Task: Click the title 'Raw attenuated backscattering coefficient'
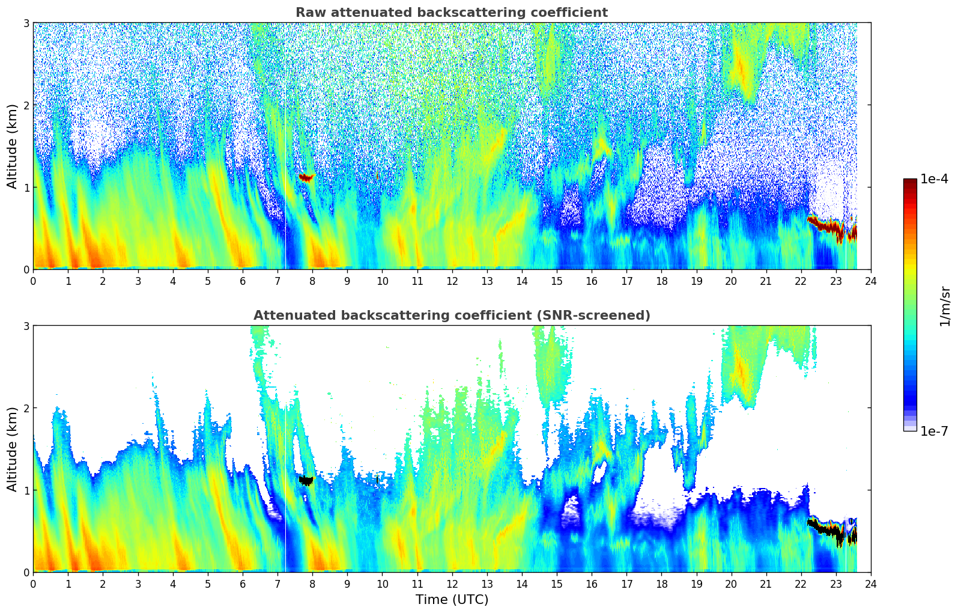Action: pyautogui.click(x=451, y=13)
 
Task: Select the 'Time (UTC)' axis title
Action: pyautogui.click(x=452, y=600)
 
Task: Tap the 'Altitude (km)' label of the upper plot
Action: pyautogui.click(x=13, y=146)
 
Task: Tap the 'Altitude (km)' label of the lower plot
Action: pyautogui.click(x=13, y=449)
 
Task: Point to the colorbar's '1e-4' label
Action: pyautogui.click(x=934, y=179)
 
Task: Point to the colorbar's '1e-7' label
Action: pyautogui.click(x=934, y=431)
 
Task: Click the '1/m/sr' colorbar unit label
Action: pyautogui.click(x=945, y=306)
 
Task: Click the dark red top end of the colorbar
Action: pyautogui.click(x=910, y=181)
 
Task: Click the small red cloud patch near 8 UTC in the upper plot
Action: pyautogui.click(x=306, y=177)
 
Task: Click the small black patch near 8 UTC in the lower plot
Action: pyautogui.click(x=306, y=480)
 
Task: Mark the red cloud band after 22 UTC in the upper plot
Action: pyautogui.click(x=832, y=227)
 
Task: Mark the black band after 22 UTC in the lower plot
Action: pyautogui.click(x=832, y=530)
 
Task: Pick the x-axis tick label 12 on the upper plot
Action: pyautogui.click(x=452, y=281)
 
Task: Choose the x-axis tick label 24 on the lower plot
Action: pyautogui.click(x=870, y=584)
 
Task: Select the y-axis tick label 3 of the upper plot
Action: pyautogui.click(x=26, y=23)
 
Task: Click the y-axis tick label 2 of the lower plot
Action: pyautogui.click(x=26, y=408)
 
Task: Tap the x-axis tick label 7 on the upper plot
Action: pyautogui.click(x=277, y=281)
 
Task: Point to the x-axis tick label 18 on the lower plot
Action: pyautogui.click(x=661, y=584)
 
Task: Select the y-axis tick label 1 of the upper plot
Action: pyautogui.click(x=26, y=188)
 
